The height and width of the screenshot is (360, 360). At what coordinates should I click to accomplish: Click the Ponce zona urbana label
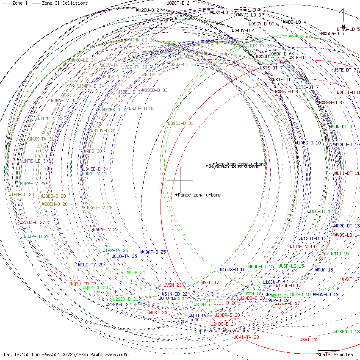pos(199,195)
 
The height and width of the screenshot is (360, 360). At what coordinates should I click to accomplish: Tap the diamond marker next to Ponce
pos(177,194)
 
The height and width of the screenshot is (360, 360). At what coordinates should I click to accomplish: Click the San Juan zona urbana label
pos(241,164)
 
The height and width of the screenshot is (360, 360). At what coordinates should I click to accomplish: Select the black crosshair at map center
pos(180,180)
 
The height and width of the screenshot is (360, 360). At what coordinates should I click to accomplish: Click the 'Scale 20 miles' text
pos(335,354)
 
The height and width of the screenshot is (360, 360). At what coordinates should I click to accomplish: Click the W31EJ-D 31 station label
pos(180,123)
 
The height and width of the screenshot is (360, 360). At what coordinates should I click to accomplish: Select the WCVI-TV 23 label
pos(246,337)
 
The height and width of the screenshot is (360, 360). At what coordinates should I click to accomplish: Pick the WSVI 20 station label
pos(308,340)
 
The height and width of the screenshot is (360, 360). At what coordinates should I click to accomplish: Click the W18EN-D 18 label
pos(347,332)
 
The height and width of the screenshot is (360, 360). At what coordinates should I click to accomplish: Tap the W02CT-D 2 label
pos(178,3)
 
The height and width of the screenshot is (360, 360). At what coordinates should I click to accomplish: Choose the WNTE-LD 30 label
pos(35,161)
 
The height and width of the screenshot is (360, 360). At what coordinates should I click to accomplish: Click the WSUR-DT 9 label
pos(341,127)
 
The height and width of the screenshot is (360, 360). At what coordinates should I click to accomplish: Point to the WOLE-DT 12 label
pos(320,211)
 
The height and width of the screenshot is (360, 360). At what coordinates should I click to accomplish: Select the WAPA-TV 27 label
pos(105,230)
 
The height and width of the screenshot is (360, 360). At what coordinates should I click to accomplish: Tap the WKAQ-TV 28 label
pos(100,208)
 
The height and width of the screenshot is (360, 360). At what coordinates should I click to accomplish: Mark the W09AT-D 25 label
pos(153,252)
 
